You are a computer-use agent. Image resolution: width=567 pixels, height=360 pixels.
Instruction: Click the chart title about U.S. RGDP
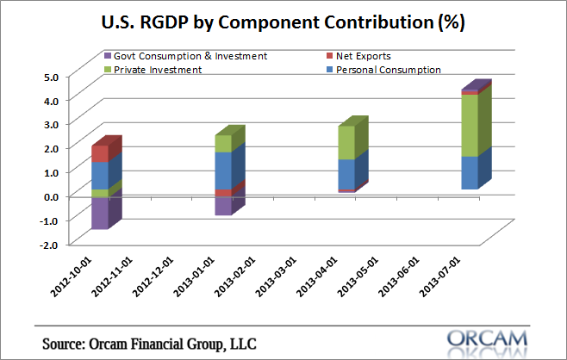[x=283, y=23]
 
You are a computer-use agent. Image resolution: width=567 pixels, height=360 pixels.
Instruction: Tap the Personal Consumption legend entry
[x=391, y=70]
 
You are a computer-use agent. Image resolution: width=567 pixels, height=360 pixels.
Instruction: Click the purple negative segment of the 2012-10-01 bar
[x=99, y=213]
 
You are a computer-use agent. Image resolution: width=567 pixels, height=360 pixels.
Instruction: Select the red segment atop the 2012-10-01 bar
[x=100, y=153]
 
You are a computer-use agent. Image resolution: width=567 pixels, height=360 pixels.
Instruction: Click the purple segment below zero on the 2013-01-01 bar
[x=223, y=205]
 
